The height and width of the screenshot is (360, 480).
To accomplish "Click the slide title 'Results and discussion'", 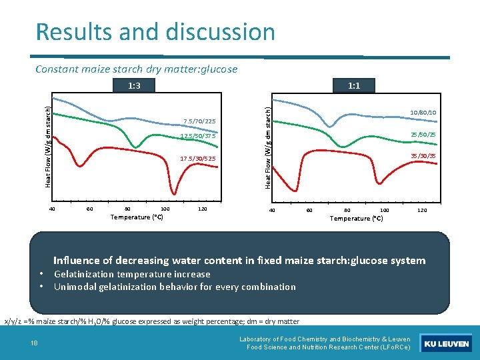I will click(x=155, y=31).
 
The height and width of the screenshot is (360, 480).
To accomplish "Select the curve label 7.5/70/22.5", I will click(x=199, y=121).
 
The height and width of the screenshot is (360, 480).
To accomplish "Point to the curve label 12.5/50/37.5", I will click(x=199, y=137).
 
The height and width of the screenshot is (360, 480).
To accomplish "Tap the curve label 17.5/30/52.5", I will click(x=199, y=159).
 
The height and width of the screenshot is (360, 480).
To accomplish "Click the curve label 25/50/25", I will click(x=424, y=135).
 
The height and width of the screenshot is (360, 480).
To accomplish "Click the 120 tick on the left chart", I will click(x=203, y=209).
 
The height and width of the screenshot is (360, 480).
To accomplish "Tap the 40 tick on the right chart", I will click(x=271, y=210).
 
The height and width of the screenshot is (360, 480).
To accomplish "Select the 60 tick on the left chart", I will click(x=90, y=209).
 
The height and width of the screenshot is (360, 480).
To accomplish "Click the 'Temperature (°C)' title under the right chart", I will click(x=357, y=219).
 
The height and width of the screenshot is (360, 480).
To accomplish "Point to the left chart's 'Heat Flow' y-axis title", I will click(x=48, y=142).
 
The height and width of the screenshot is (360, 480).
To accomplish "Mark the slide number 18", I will click(x=34, y=343).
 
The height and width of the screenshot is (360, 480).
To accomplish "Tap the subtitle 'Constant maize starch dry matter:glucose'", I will click(x=136, y=69).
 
